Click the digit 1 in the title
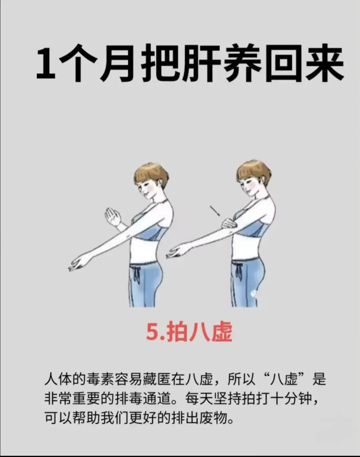46,63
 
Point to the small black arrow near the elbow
215,211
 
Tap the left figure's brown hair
151,174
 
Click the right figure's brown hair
254,172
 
